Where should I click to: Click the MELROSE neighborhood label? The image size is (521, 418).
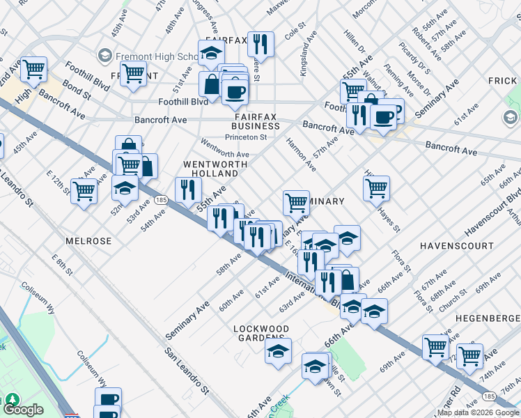pos(88,241)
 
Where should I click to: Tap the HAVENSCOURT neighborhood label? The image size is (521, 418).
pos(456,246)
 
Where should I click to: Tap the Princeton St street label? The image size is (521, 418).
pos(250,137)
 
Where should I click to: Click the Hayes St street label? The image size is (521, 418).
pos(389,217)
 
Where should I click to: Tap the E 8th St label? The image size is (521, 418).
pos(61,266)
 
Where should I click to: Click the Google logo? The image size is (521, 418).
pos(24,410)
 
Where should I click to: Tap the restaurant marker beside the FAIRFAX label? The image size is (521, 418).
pos(260,45)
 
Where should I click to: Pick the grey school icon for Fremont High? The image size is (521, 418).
pos(105,54)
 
